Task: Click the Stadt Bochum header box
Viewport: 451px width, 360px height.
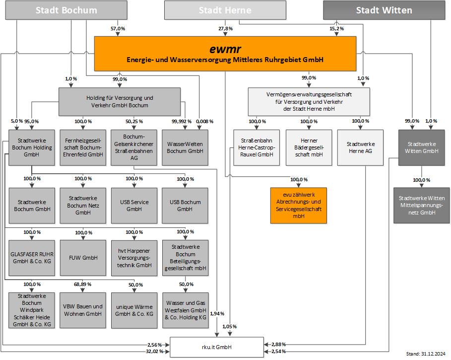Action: tap(66, 10)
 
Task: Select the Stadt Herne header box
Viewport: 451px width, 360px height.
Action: tap(225, 10)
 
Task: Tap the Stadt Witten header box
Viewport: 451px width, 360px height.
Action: tap(384, 10)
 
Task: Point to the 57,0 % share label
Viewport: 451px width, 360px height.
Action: tap(118, 29)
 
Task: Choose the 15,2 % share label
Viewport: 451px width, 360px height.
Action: tap(336, 29)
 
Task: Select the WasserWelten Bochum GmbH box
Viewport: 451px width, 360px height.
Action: tap(185, 147)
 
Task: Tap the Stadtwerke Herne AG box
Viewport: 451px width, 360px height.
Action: tap(360, 147)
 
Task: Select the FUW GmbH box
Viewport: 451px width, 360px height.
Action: tap(83, 258)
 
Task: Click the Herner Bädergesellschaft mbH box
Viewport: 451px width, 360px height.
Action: tap(308, 147)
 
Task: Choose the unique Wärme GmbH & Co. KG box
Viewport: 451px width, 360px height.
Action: tap(134, 310)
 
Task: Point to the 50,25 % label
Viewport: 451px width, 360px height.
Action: tap(134, 121)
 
